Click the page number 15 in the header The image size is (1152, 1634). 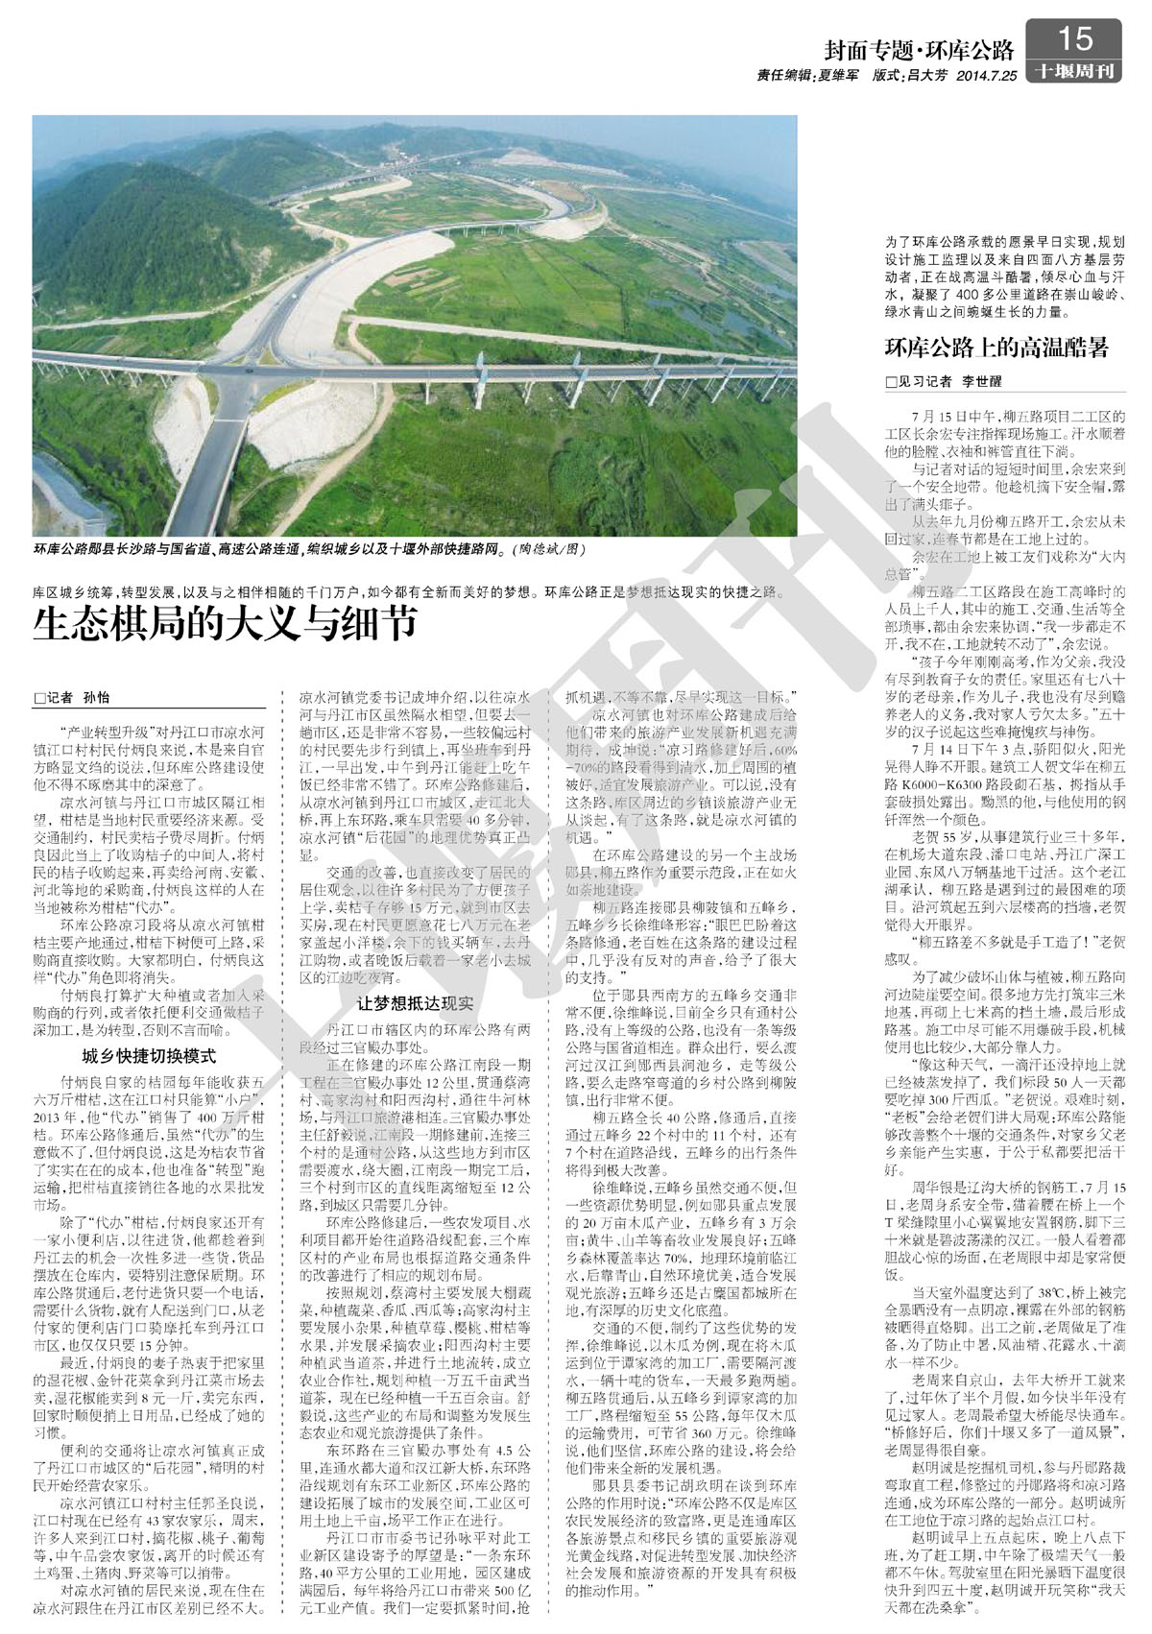[1074, 38]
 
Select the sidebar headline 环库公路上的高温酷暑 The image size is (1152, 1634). [996, 348]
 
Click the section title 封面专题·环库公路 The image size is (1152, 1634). [919, 49]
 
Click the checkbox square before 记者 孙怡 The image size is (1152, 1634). [39, 698]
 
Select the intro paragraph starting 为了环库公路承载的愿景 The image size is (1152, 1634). [1004, 276]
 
